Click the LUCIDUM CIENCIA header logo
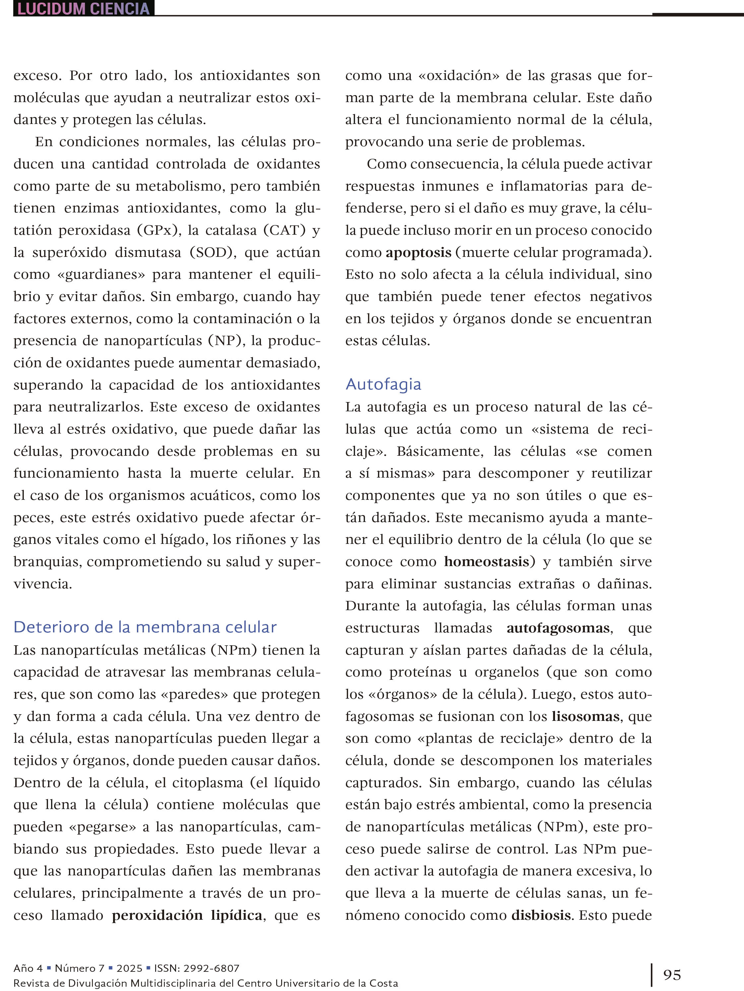pyautogui.click(x=83, y=9)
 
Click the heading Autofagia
pyautogui.click(x=383, y=384)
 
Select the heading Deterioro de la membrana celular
pyautogui.click(x=145, y=627)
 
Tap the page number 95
pyautogui.click(x=672, y=974)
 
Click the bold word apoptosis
pyautogui.click(x=418, y=253)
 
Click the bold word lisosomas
pyautogui.click(x=585, y=716)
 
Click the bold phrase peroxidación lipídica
pyautogui.click(x=187, y=915)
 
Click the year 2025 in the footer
pyautogui.click(x=129, y=968)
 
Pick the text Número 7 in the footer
pyautogui.click(x=79, y=968)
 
